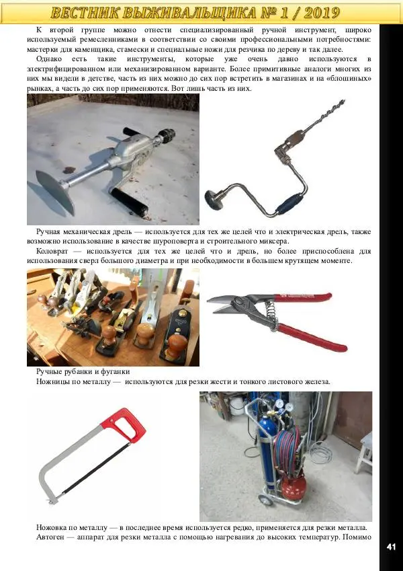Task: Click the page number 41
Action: [x=391, y=547]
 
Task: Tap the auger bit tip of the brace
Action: [x=342, y=102]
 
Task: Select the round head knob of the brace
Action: [x=214, y=200]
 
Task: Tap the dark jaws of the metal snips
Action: [x=225, y=305]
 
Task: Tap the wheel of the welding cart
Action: [x=266, y=499]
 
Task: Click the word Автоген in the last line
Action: [x=49, y=537]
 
